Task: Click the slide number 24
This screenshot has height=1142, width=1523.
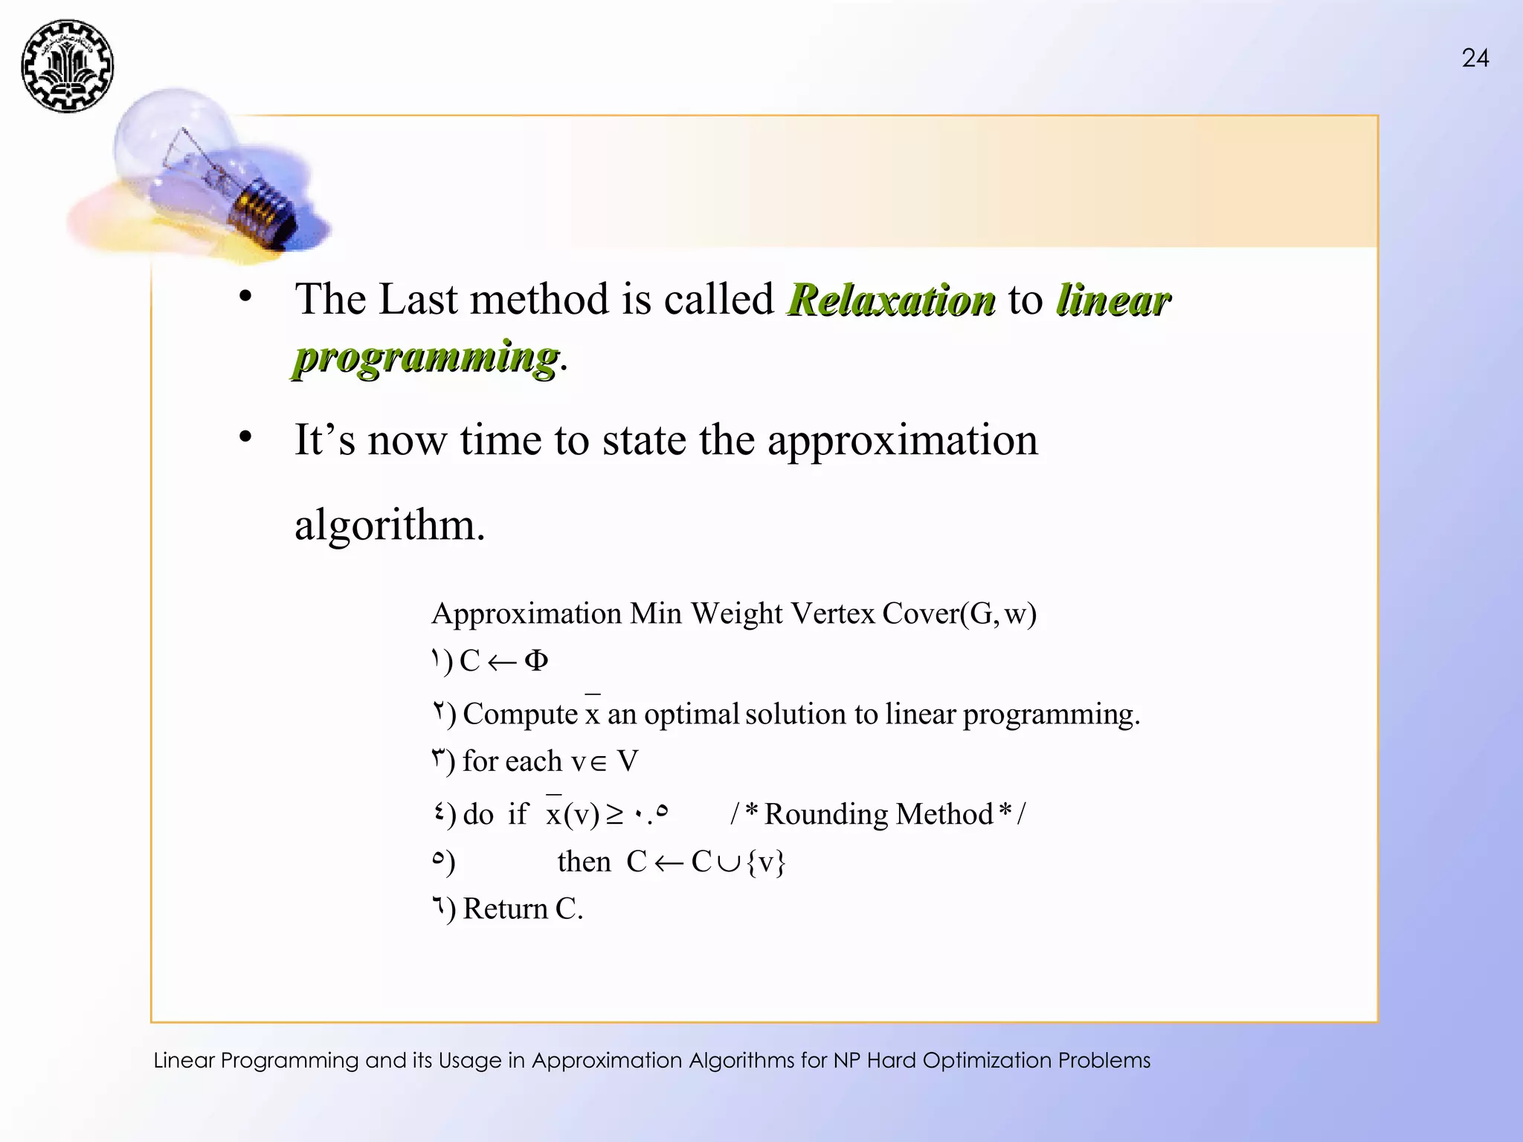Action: [x=1475, y=59]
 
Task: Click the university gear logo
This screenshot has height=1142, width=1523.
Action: [x=68, y=67]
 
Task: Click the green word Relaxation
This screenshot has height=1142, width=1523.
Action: [x=892, y=300]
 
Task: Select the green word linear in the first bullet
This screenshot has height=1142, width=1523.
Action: [x=1113, y=300]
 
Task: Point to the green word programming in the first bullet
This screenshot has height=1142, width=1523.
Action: [x=426, y=358]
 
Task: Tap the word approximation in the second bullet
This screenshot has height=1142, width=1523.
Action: [x=902, y=440]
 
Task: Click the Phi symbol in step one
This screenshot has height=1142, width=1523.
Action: [x=535, y=660]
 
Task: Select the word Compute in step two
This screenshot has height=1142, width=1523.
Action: [x=520, y=714]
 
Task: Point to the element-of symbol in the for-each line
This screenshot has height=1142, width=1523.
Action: [x=598, y=763]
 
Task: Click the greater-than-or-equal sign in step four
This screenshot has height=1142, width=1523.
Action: [x=614, y=815]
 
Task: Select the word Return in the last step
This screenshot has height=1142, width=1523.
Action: [x=505, y=909]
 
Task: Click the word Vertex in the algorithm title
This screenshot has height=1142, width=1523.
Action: [x=833, y=614]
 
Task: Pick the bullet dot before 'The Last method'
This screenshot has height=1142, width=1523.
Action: [x=245, y=297]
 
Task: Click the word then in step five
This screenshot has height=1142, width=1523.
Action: [x=584, y=862]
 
